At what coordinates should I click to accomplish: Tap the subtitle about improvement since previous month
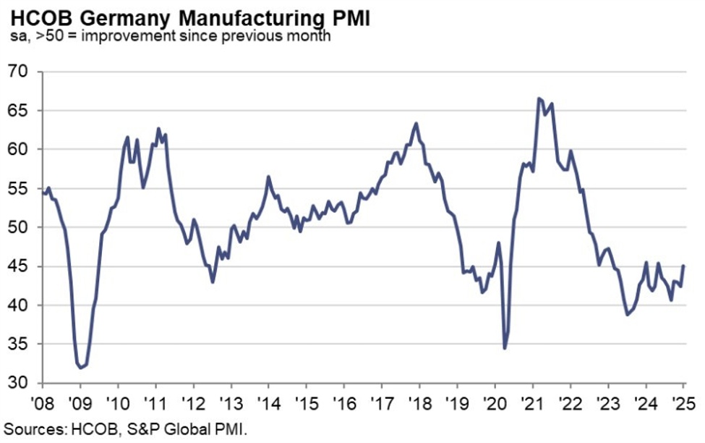click(x=168, y=35)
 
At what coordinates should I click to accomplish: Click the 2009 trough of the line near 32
click(x=81, y=368)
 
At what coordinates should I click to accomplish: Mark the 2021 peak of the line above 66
click(x=538, y=98)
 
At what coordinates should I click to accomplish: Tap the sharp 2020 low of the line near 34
click(x=504, y=348)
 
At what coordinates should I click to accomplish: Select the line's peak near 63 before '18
click(x=416, y=123)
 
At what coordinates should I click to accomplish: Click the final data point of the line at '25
click(x=684, y=266)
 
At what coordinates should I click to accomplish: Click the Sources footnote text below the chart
click(x=125, y=429)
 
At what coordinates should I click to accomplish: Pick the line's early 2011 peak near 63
click(x=158, y=129)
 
